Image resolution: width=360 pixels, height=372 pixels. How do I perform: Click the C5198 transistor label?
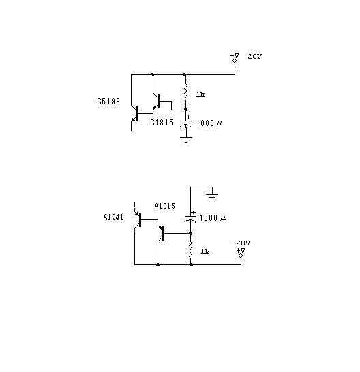[108, 102]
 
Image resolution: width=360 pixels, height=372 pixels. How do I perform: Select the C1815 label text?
[162, 123]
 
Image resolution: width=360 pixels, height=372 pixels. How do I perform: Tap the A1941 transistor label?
[113, 217]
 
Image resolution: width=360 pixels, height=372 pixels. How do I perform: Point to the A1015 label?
[165, 206]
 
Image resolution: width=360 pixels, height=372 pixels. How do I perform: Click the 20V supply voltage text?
[255, 57]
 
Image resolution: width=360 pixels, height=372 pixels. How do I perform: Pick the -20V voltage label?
[241, 243]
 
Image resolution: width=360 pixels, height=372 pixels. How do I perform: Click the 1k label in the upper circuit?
[200, 95]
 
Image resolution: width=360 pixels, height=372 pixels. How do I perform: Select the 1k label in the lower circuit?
[205, 251]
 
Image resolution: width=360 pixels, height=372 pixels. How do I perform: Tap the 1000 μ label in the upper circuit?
[209, 123]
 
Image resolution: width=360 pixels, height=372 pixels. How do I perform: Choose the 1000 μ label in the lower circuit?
[213, 218]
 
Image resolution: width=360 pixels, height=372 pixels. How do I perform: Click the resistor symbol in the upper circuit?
[185, 92]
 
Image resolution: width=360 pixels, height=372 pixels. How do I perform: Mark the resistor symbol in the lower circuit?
[190, 250]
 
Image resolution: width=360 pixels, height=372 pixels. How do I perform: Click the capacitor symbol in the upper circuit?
[185, 123]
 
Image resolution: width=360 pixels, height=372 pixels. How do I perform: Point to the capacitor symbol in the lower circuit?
[190, 218]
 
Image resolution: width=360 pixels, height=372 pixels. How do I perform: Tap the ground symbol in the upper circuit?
[186, 140]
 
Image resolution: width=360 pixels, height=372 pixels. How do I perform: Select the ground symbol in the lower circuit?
[212, 197]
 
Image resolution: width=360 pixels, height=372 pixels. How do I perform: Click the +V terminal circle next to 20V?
[235, 61]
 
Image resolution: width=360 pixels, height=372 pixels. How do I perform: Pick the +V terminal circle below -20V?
[241, 255]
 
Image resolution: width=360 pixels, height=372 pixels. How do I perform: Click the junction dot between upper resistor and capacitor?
[185, 110]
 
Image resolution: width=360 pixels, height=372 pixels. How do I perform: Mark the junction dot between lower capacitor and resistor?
[190, 234]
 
